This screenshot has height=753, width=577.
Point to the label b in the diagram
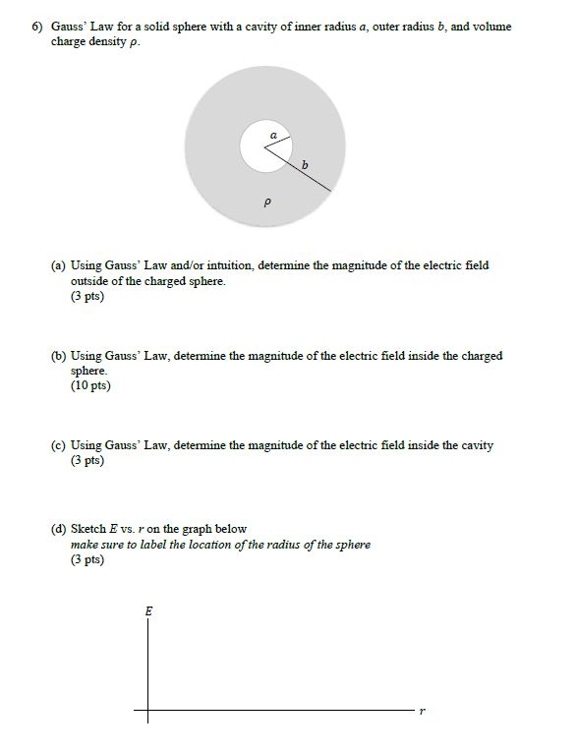point(305,164)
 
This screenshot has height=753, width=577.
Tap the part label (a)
point(59,265)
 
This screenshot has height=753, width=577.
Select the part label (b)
point(59,356)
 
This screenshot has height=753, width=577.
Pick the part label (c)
point(59,445)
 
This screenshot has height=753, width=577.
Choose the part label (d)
point(59,529)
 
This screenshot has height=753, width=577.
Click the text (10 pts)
point(90,385)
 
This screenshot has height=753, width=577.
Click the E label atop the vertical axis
point(148,610)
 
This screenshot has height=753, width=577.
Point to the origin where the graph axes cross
point(148,710)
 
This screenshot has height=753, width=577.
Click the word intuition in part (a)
point(229,265)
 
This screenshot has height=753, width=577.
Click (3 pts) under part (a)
point(87,296)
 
